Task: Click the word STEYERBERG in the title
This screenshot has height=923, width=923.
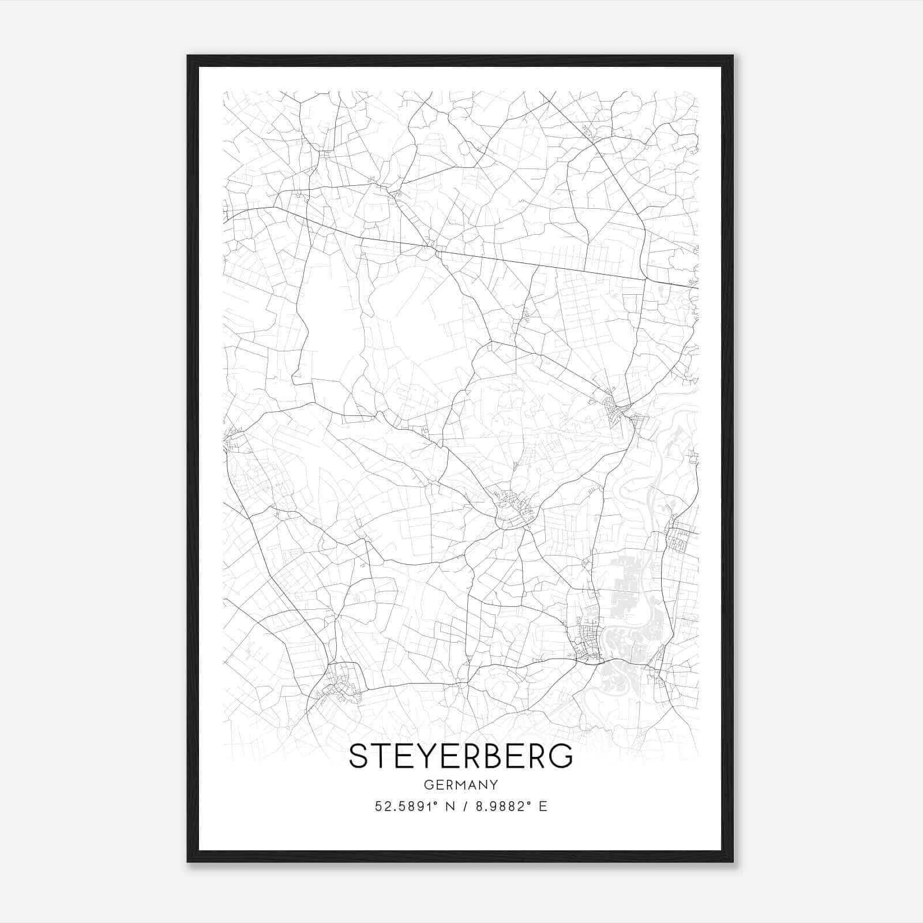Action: pos(461,756)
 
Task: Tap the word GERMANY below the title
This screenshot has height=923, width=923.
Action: pos(461,785)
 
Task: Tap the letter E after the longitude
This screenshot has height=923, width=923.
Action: pos(542,806)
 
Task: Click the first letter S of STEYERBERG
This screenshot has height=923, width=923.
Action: pos(358,756)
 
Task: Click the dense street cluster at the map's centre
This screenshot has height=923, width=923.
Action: pos(513,508)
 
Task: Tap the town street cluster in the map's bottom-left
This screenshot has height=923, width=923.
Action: pos(342,684)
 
